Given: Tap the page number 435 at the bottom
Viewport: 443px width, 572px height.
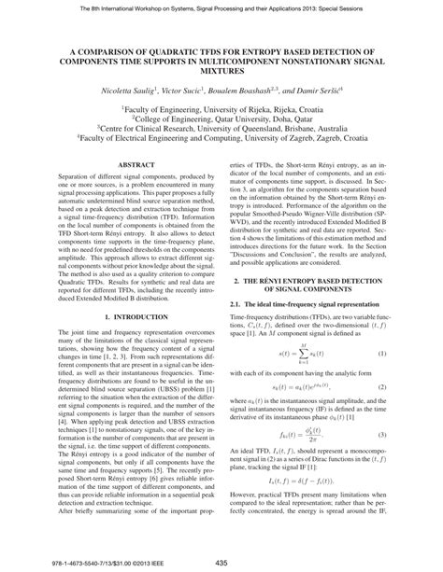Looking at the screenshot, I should pos(221,561).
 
